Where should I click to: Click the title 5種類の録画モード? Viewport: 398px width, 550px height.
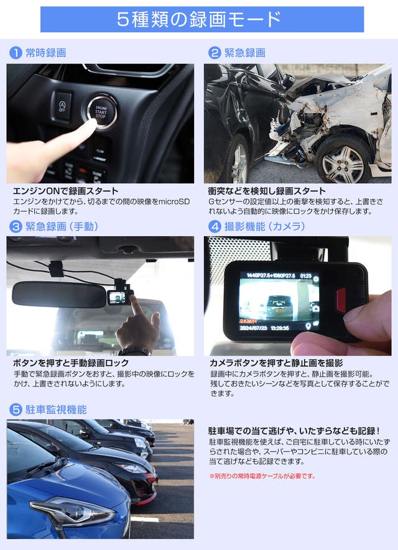[x=199, y=19]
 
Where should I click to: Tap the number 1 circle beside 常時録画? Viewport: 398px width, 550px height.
[x=16, y=53]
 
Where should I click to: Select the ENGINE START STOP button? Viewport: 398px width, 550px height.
[x=101, y=111]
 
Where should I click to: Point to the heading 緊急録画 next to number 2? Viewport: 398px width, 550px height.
[x=244, y=53]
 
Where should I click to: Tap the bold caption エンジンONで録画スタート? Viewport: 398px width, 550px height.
[x=66, y=191]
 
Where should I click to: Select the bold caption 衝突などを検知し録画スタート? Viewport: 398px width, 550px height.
[x=267, y=191]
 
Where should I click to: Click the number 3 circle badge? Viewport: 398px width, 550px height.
[x=16, y=227]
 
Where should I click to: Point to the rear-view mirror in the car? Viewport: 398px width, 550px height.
[x=59, y=294]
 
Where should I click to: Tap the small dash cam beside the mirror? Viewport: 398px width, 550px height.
[x=119, y=296]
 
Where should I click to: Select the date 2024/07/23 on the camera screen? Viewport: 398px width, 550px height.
[x=253, y=328]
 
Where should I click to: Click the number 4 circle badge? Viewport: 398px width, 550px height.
[x=215, y=227]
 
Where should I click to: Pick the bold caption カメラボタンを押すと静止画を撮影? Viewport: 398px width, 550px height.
[x=276, y=363]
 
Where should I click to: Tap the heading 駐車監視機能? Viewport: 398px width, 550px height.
[x=56, y=410]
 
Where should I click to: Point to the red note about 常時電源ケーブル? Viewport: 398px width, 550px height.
[x=262, y=476]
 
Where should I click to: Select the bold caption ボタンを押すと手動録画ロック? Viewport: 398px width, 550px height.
[x=71, y=363]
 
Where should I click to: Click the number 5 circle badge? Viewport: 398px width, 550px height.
[x=16, y=410]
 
